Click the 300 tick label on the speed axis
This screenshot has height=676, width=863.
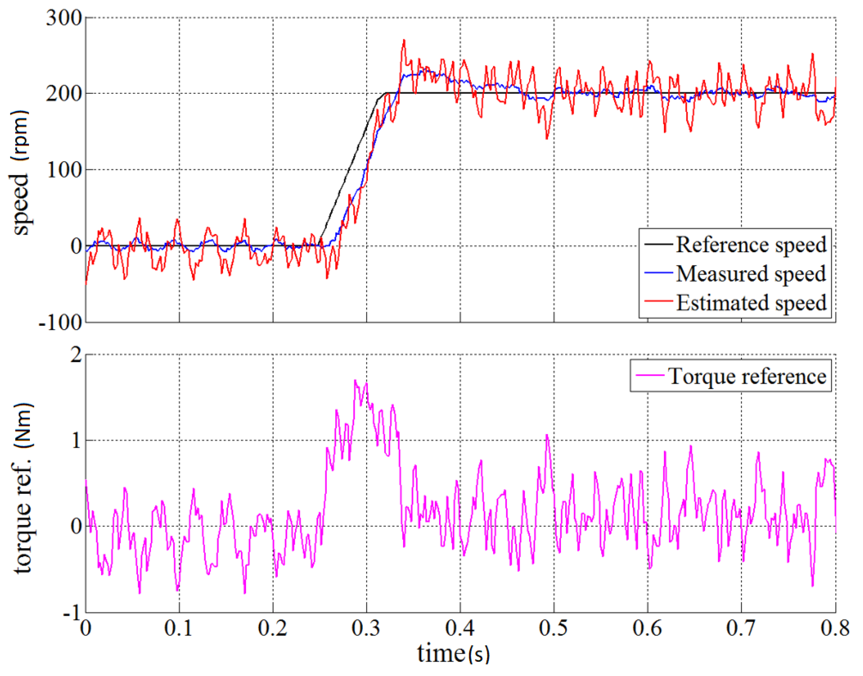[x=64, y=18]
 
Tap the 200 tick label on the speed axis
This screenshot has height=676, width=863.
[x=64, y=94]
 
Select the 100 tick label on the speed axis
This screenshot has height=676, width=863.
[x=64, y=170]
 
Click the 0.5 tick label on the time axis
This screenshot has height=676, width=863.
[x=553, y=628]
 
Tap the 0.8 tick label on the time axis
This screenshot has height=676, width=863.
[x=835, y=628]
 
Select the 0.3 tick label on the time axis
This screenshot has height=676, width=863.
[x=366, y=628]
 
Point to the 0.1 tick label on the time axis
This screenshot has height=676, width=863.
[x=179, y=628]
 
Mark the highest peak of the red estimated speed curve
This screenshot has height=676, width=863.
[x=404, y=40]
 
